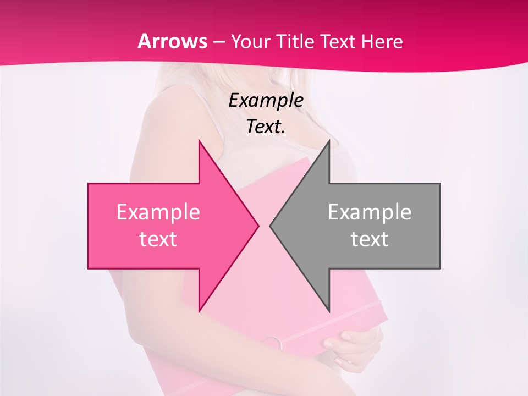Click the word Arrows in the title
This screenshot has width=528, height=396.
tap(173, 41)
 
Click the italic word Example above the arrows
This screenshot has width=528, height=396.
tap(266, 100)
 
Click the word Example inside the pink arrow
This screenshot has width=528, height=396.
tap(158, 212)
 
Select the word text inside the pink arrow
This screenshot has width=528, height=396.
tap(158, 239)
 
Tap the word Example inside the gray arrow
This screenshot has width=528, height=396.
tap(370, 212)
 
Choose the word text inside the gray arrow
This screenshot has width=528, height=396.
tap(370, 239)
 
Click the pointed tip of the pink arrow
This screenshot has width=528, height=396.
tap(258, 226)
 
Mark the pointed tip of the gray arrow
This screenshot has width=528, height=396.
tap(271, 226)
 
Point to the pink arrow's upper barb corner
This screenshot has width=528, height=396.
tap(199, 141)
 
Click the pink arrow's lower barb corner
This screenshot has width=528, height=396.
tap(199, 311)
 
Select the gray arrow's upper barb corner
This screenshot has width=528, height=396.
tap(329, 141)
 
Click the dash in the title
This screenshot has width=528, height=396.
tap(219, 42)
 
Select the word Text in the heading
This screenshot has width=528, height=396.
tap(338, 41)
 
